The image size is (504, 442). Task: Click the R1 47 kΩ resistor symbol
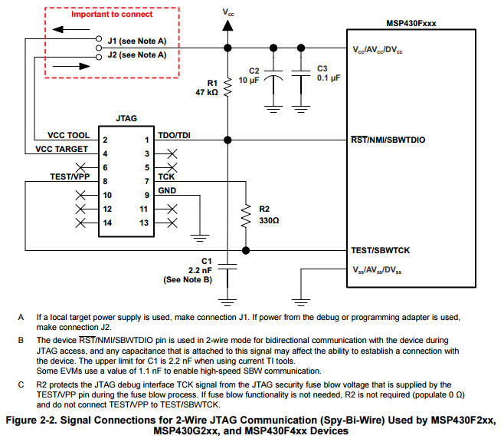pyautogui.click(x=227, y=87)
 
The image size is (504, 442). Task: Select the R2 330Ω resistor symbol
pyautogui.click(x=246, y=216)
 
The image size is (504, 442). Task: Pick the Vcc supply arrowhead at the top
pyautogui.click(x=227, y=25)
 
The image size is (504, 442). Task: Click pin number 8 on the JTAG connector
pyautogui.click(x=105, y=182)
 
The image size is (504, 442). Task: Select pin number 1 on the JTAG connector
pyautogui.click(x=147, y=140)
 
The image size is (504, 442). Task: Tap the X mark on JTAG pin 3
pyautogui.click(x=172, y=154)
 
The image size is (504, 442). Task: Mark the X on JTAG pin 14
pyautogui.click(x=80, y=223)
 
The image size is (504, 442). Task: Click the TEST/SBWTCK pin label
pyautogui.click(x=380, y=250)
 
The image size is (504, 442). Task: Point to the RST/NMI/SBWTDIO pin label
pyautogui.click(x=388, y=140)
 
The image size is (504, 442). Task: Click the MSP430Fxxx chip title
pyautogui.click(x=411, y=23)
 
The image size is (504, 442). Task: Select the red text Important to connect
pyautogui.click(x=112, y=14)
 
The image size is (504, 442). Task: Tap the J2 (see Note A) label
pyautogui.click(x=137, y=54)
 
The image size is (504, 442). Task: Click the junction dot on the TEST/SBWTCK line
pyautogui.click(x=246, y=250)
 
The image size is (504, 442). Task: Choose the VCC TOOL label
pyautogui.click(x=68, y=135)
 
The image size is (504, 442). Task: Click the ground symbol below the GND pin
pyautogui.click(x=200, y=238)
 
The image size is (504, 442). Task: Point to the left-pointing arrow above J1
pyautogui.click(x=71, y=30)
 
